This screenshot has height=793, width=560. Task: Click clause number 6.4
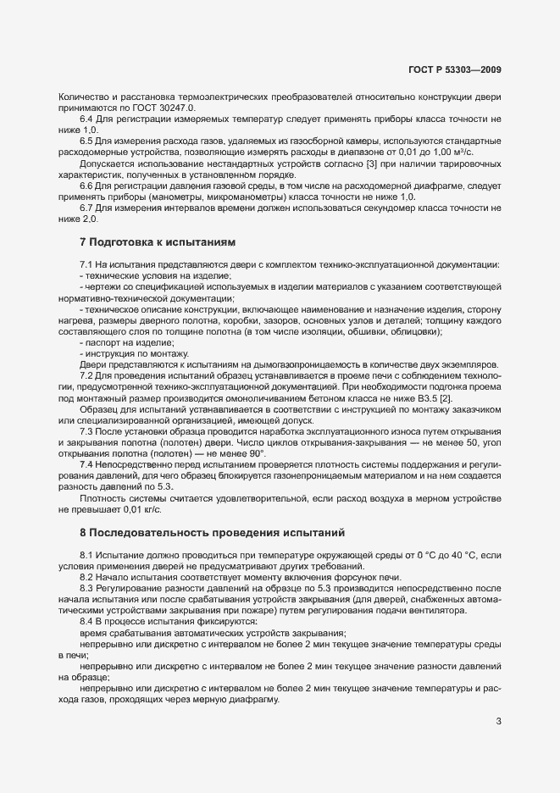[x=86, y=122]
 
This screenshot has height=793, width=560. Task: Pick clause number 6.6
[x=86, y=185]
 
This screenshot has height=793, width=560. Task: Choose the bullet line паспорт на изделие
[x=128, y=341]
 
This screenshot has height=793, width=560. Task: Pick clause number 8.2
[x=86, y=576]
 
